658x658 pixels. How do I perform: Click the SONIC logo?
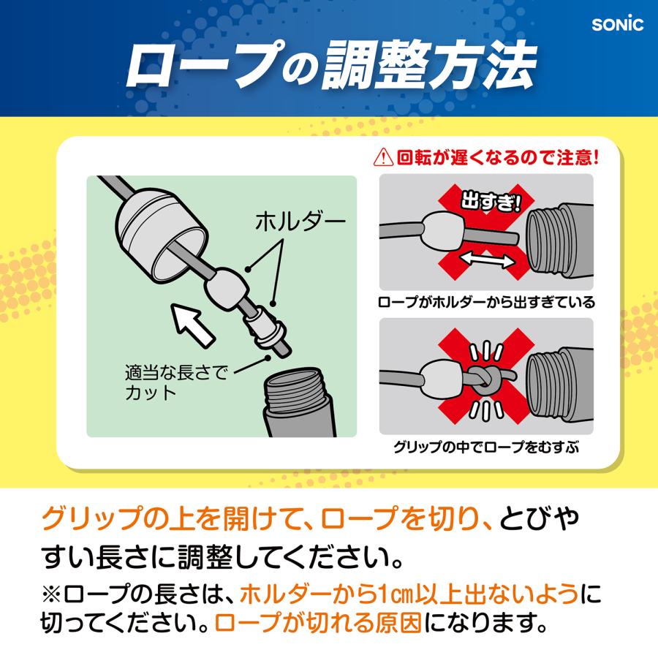617,23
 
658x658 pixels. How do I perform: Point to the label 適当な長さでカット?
175,382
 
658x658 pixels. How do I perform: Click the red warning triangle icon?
382,157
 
